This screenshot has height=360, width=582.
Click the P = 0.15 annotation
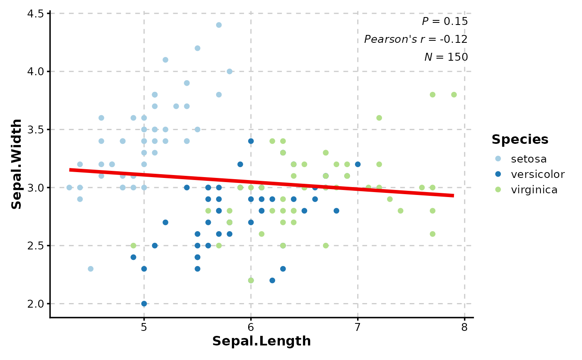(444, 22)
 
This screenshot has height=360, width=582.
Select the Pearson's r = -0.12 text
(416, 39)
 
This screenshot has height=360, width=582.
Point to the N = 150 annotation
(446, 57)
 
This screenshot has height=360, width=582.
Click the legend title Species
(520, 140)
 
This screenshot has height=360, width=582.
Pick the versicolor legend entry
(538, 174)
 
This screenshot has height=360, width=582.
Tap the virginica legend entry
(534, 190)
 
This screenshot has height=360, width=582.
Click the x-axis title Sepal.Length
(261, 341)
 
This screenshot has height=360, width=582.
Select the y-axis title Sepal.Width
(17, 164)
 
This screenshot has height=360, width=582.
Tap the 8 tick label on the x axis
(464, 327)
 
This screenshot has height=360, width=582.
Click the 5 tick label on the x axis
(144, 327)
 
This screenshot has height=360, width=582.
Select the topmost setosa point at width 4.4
(219, 25)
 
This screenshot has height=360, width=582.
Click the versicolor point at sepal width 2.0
(144, 303)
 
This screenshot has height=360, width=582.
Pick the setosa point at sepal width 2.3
(91, 269)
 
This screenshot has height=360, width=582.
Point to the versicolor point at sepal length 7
(358, 164)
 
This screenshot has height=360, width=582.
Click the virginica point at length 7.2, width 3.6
(379, 118)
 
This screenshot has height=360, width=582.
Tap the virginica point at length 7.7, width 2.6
(432, 234)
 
